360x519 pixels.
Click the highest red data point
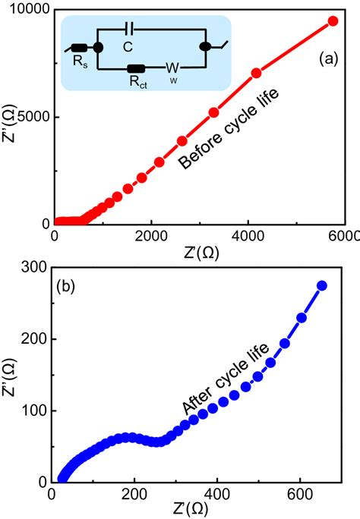click(333, 21)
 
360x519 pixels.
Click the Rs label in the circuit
click(78, 60)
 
